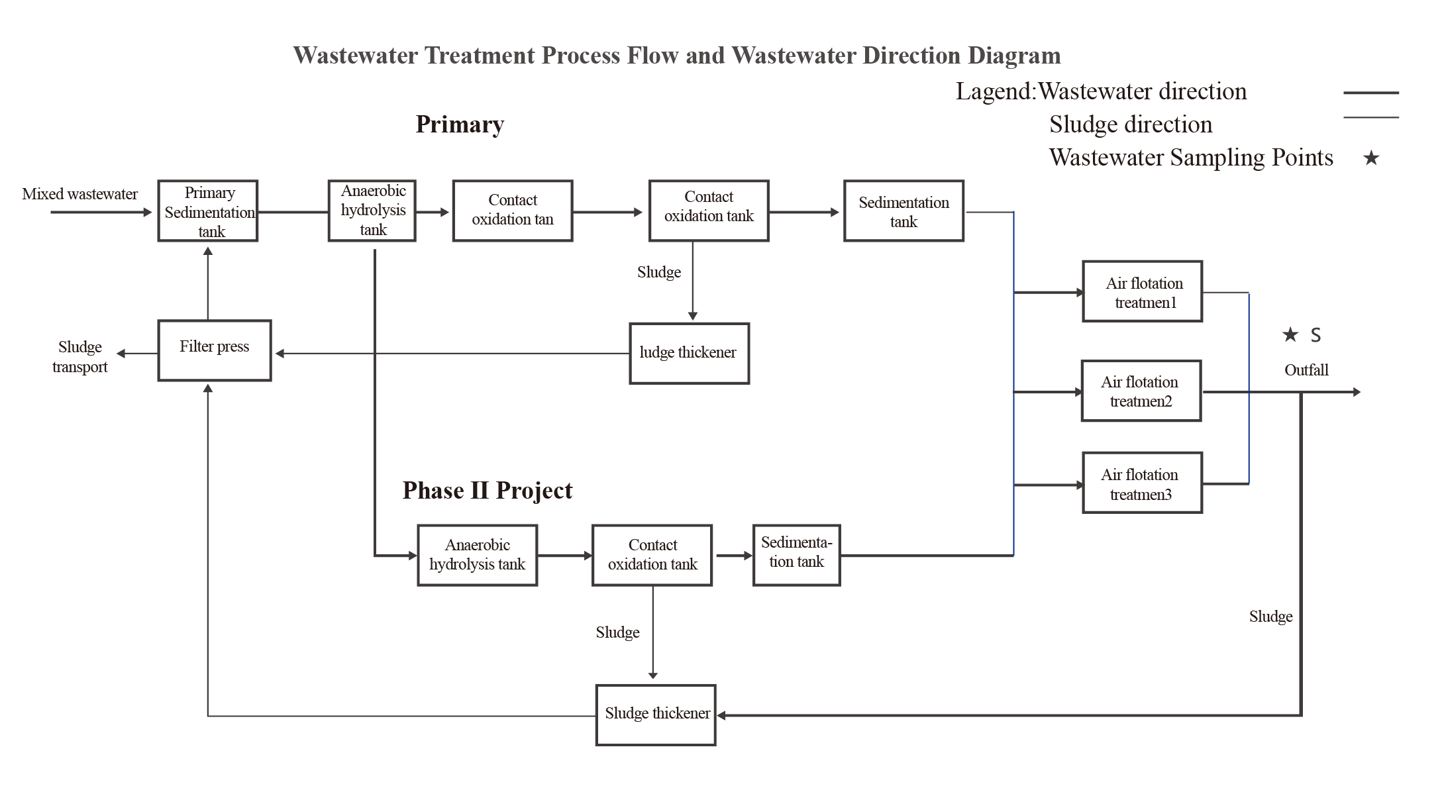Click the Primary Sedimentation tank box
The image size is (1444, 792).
coord(208,211)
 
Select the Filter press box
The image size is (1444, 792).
coord(215,350)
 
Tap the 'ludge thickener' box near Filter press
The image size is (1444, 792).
coord(690,354)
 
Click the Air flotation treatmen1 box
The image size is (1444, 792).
coord(1143,291)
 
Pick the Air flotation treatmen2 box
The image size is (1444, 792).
coord(1141,391)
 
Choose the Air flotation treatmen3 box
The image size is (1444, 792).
coord(1143,483)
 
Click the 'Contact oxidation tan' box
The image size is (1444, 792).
coord(513,211)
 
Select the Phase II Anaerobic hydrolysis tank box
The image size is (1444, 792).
coord(478,556)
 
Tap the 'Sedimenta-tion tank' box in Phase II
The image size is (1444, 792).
coord(797,556)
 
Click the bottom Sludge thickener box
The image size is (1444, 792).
coord(656,715)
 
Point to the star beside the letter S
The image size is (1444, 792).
coord(1290,334)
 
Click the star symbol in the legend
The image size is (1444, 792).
coord(1371,158)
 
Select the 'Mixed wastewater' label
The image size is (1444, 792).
coord(80,194)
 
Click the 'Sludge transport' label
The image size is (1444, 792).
coord(80,357)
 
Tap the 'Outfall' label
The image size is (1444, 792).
coord(1306,370)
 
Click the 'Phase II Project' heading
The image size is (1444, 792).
coord(488,491)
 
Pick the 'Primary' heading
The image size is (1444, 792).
coord(460,124)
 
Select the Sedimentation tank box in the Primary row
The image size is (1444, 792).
coord(904,211)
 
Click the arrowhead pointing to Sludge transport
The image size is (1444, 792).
coord(121,354)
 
